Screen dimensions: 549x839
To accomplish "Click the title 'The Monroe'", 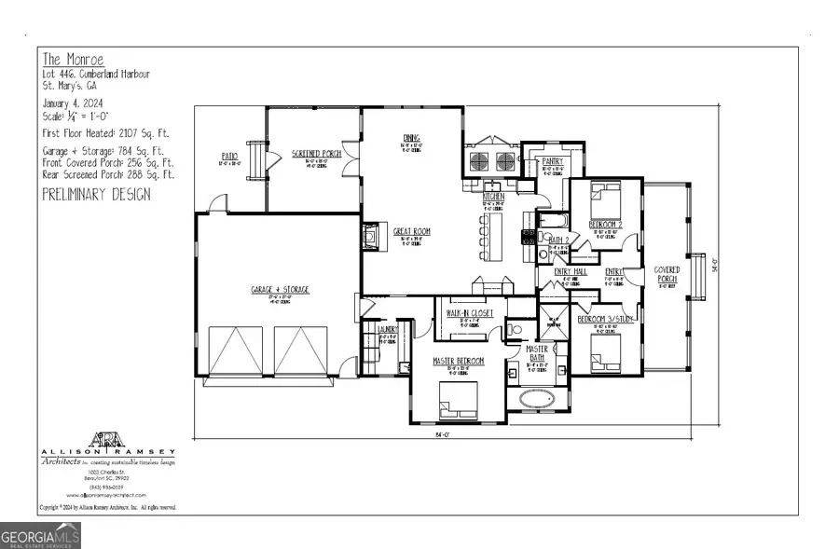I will pos(67,57).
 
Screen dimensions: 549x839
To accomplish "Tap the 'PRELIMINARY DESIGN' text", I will pos(96,195).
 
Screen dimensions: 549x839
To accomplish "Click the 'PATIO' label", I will pos(229,156).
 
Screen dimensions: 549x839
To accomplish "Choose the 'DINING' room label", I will pos(412,136).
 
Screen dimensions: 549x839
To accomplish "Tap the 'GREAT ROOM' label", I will pos(411,231).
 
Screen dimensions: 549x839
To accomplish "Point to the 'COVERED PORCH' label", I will pos(667,274).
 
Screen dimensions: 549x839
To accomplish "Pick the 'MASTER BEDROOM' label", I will pos(457,360).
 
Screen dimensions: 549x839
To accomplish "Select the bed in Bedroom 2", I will pos(603,198).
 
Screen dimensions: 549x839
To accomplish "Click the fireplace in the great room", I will pos(371,238).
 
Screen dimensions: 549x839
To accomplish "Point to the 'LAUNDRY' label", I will pos(388,329).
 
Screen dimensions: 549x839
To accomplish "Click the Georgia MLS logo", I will pos(41,535).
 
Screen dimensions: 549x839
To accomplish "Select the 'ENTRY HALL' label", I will pos(570,271).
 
